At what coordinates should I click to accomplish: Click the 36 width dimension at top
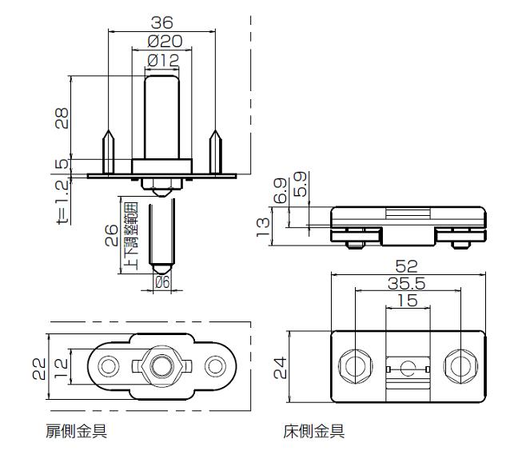(x=161, y=23)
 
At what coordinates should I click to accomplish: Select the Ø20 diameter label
(x=165, y=42)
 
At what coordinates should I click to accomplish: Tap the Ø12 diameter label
(x=163, y=61)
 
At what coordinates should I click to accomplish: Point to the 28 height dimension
(x=62, y=118)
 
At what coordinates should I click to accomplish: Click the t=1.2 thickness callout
(x=63, y=202)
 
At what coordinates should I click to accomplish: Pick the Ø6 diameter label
(x=162, y=282)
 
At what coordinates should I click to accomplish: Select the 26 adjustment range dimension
(x=111, y=235)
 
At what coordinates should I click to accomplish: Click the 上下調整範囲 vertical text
(x=130, y=236)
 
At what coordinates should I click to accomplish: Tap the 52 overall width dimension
(x=407, y=266)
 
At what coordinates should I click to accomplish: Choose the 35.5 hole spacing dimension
(x=406, y=283)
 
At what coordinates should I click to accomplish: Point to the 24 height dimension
(x=280, y=367)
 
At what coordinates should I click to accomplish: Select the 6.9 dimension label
(x=280, y=190)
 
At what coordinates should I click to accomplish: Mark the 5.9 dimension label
(x=301, y=184)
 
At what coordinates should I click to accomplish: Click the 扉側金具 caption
(x=77, y=431)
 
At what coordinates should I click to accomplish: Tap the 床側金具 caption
(x=314, y=431)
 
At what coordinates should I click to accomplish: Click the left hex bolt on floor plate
(x=356, y=366)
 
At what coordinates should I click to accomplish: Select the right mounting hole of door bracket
(x=215, y=366)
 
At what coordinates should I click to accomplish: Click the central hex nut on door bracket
(x=161, y=366)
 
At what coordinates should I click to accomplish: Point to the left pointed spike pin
(x=109, y=151)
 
